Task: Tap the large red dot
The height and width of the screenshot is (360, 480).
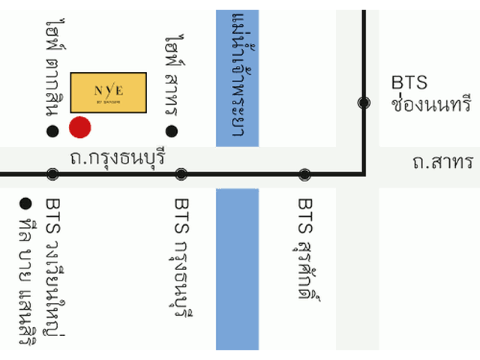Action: [80, 127]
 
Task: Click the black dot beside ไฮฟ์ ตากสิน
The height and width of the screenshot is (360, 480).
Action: [52, 132]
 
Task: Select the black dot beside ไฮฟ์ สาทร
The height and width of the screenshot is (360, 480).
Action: [172, 132]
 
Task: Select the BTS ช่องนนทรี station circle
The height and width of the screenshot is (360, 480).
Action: [364, 103]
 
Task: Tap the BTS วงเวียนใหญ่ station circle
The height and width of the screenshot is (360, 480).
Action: [52, 174]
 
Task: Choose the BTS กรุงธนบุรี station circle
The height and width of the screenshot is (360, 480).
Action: [181, 174]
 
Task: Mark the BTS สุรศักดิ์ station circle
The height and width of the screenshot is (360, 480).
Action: [304, 174]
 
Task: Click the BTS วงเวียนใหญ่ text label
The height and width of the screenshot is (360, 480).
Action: [55, 266]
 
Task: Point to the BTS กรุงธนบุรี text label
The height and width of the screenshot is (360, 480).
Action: [182, 255]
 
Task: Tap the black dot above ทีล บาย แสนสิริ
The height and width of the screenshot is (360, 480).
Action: [25, 202]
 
